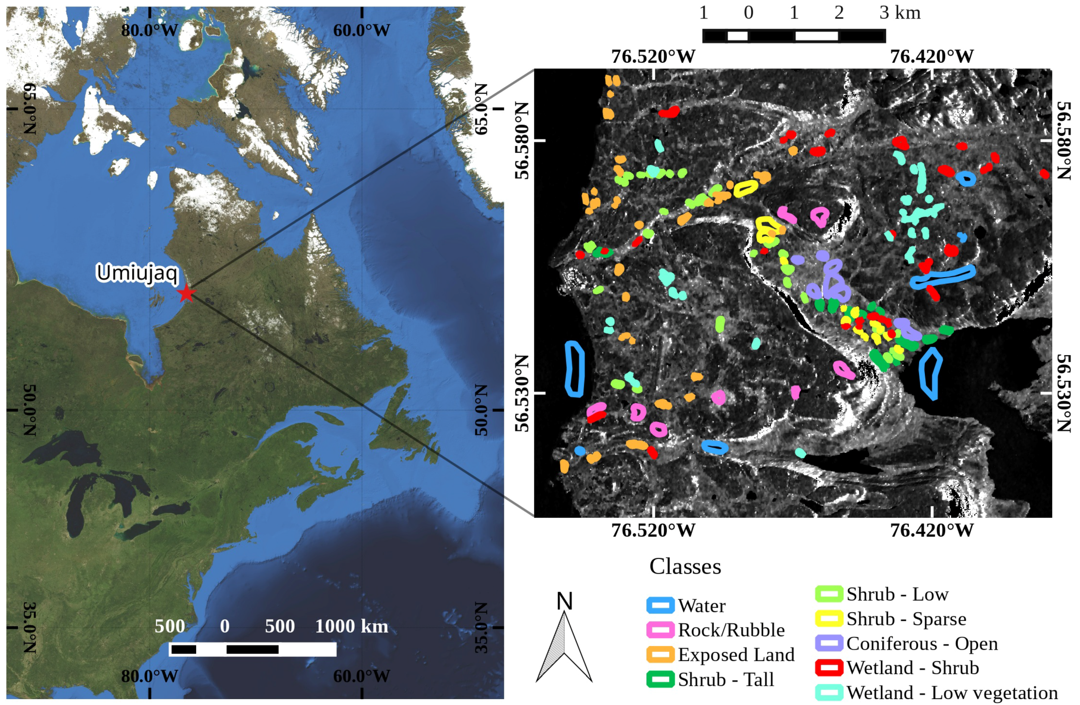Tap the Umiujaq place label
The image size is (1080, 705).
pos(138,273)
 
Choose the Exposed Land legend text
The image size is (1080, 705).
pos(736,654)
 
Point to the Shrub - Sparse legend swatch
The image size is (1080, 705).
pos(829,618)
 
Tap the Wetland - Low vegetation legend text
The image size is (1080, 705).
pos(952,692)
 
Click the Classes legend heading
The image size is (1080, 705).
pos(685,566)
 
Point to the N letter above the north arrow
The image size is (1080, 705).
pos(564,601)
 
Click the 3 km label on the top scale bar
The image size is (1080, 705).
pos(900,13)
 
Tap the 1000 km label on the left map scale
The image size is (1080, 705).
pos(352,626)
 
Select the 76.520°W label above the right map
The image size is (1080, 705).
pos(653,57)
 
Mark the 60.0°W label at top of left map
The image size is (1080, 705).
pos(362,30)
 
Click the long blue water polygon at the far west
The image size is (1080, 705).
pos(574,369)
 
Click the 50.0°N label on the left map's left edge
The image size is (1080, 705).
pos(29,410)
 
